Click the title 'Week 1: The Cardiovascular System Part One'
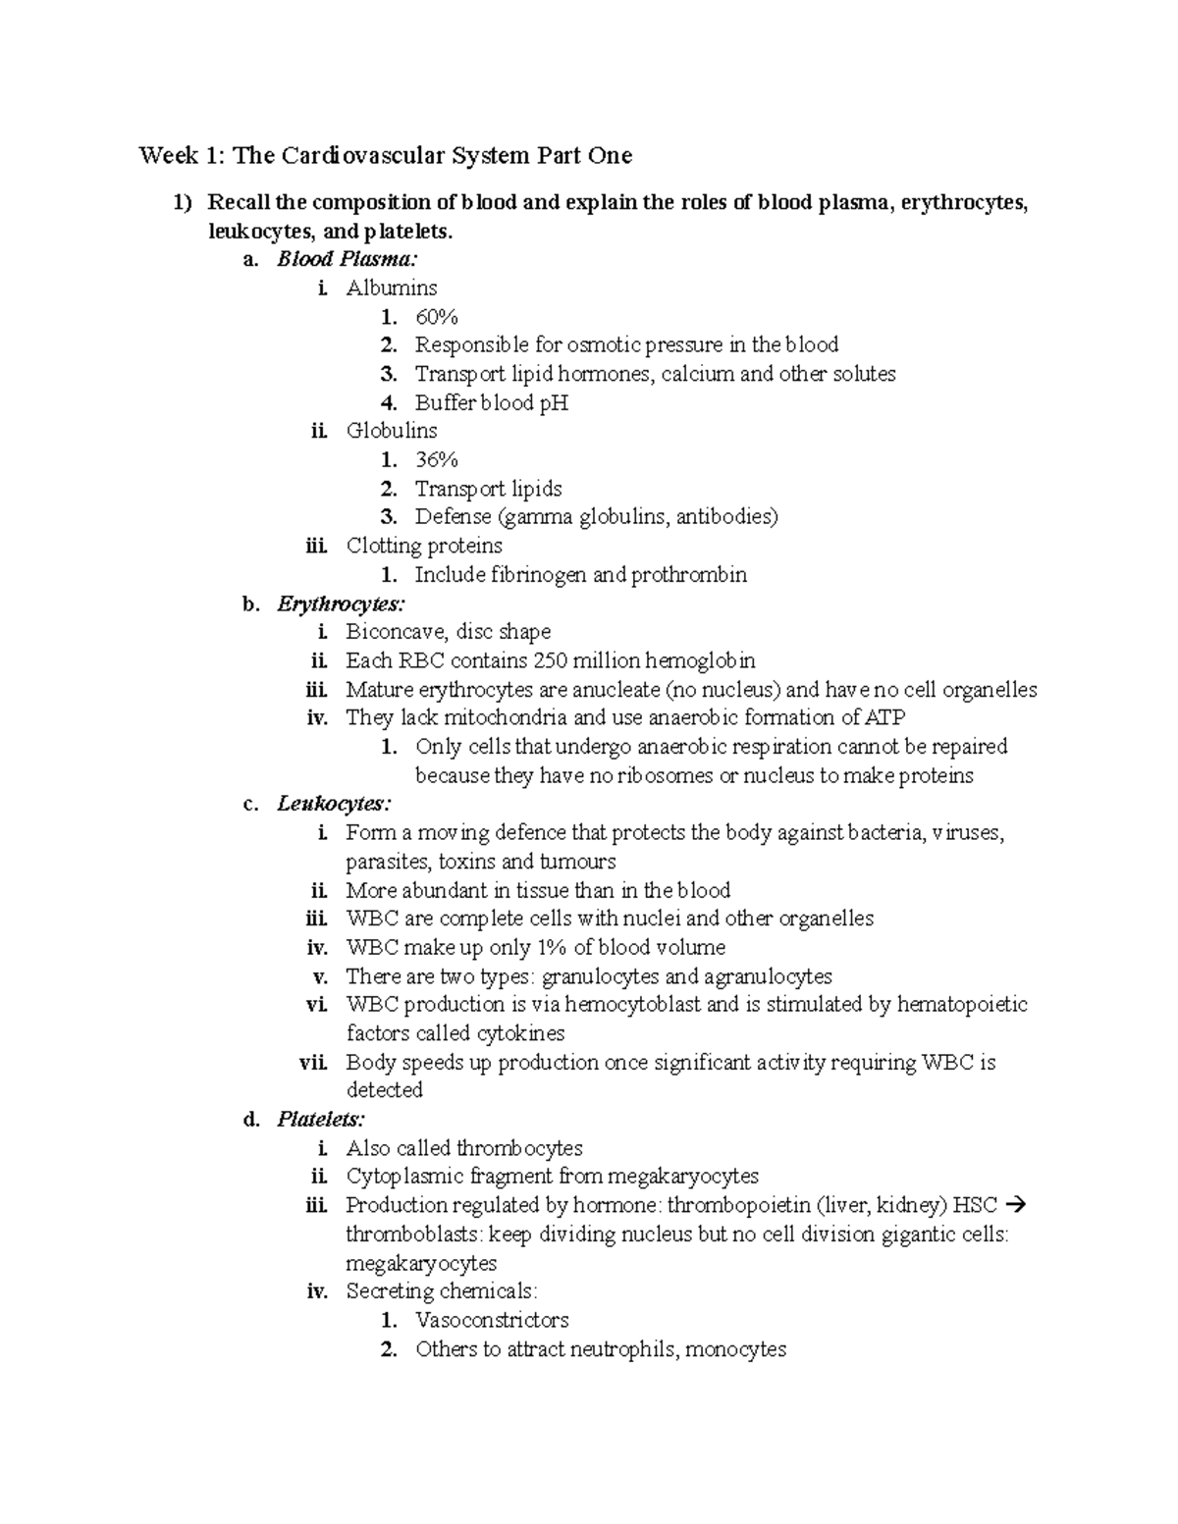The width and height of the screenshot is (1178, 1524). pos(385,155)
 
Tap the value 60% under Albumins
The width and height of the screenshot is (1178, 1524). pos(437,317)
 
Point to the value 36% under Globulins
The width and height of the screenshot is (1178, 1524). pos(437,460)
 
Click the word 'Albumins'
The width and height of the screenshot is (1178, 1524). pos(392,289)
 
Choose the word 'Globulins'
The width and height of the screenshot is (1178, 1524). pos(392,431)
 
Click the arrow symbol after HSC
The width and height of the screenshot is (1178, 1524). pos(1016,1205)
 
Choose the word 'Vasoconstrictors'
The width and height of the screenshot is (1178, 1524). pos(492,1320)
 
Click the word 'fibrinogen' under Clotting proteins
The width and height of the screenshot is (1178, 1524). pos(540,575)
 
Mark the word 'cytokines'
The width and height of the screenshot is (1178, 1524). pos(521,1033)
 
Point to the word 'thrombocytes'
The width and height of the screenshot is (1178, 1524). pos(519,1148)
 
